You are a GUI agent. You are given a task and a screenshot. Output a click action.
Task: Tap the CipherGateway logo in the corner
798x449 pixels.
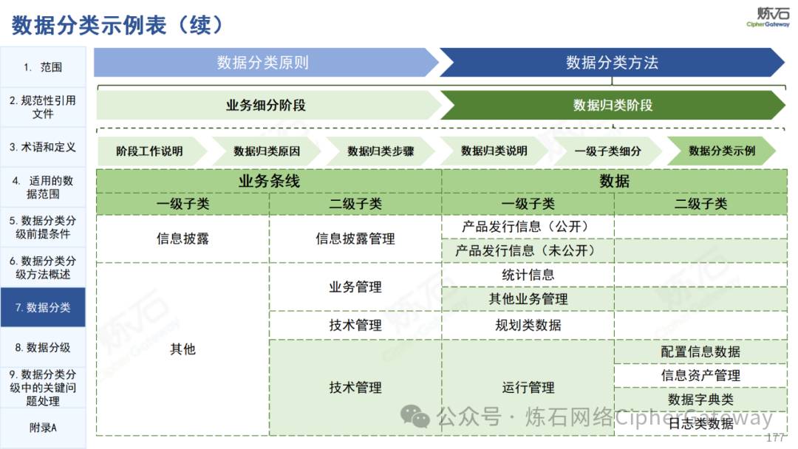tap(768, 17)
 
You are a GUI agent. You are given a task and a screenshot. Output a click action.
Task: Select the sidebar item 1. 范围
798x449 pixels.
tap(43, 66)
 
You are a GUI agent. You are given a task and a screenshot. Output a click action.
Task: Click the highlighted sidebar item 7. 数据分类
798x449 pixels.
tap(43, 307)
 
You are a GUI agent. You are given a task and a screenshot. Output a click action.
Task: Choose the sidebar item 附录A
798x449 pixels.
tap(43, 428)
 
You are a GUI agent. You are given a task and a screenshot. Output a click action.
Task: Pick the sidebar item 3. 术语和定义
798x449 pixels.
tap(43, 147)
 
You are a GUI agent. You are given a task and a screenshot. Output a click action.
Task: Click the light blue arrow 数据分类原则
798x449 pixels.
tap(266, 63)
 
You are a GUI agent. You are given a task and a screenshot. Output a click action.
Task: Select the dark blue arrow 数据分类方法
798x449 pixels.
tap(613, 63)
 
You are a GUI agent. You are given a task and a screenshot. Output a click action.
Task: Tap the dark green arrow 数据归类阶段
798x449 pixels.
tap(613, 106)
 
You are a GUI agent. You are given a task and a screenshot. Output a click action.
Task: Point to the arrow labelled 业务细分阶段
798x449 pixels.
tap(268, 106)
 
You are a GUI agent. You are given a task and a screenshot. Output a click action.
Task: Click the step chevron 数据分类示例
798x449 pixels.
tap(722, 151)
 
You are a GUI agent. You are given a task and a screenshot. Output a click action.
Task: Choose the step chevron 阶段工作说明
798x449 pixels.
tap(151, 151)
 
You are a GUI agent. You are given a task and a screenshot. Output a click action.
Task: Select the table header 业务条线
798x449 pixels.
tap(269, 181)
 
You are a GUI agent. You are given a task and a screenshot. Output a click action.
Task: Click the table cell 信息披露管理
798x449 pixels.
tap(355, 239)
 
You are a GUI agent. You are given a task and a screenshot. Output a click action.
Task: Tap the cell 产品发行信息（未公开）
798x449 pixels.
tap(528, 250)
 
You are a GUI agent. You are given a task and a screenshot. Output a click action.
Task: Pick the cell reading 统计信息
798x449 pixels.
tap(528, 275)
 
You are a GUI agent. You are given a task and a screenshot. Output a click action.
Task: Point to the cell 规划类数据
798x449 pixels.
tap(528, 325)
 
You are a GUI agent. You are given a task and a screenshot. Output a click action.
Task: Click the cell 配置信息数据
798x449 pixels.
tap(700, 352)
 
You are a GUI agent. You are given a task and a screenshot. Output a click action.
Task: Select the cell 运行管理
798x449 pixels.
tap(528, 388)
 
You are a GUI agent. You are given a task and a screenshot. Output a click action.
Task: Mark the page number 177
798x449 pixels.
tap(775, 438)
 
